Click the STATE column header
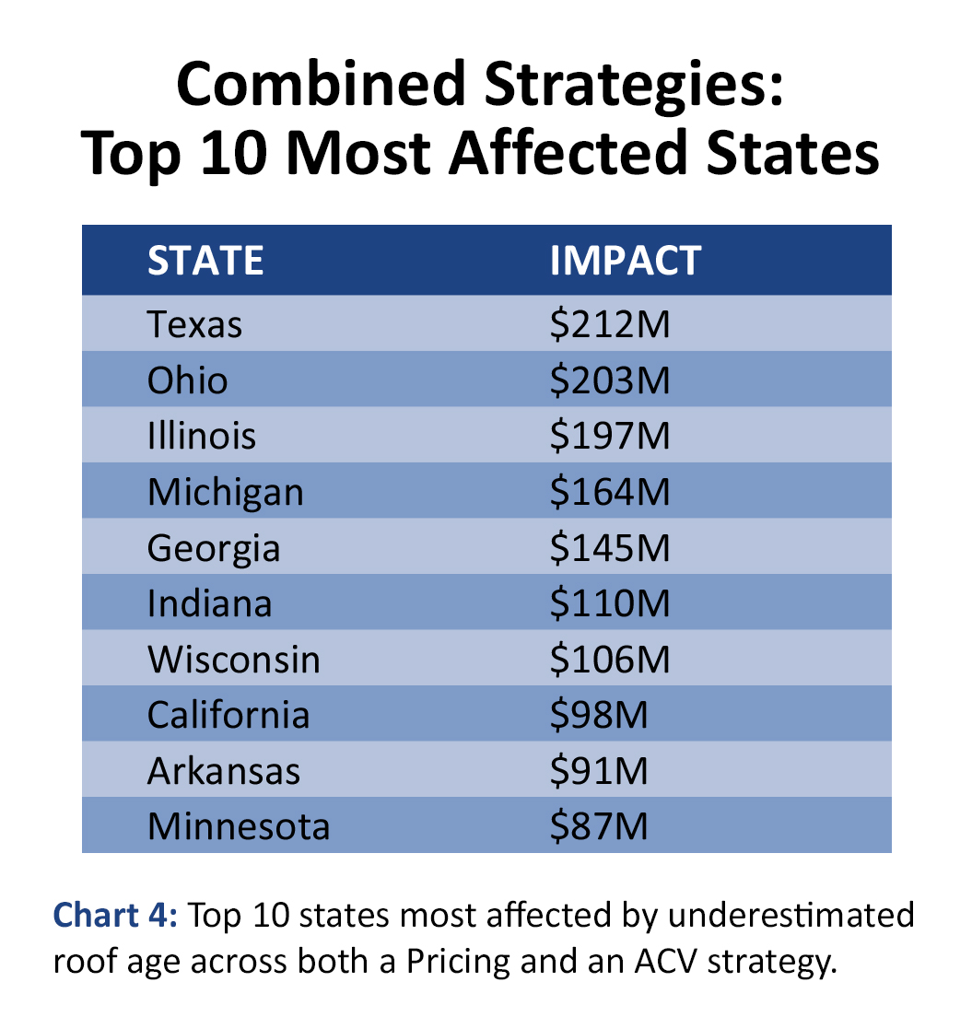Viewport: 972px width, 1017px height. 205,261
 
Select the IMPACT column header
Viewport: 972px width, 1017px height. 626,261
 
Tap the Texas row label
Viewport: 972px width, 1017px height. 194,324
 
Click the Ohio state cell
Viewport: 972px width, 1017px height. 187,380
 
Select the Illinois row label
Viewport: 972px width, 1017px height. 202,436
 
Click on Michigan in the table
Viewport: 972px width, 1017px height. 225,492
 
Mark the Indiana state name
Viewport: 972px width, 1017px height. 209,603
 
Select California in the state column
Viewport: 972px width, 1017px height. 228,715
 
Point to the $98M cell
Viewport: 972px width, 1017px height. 599,715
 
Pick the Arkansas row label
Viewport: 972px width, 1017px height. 223,771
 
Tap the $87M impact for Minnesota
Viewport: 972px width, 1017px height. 599,826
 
